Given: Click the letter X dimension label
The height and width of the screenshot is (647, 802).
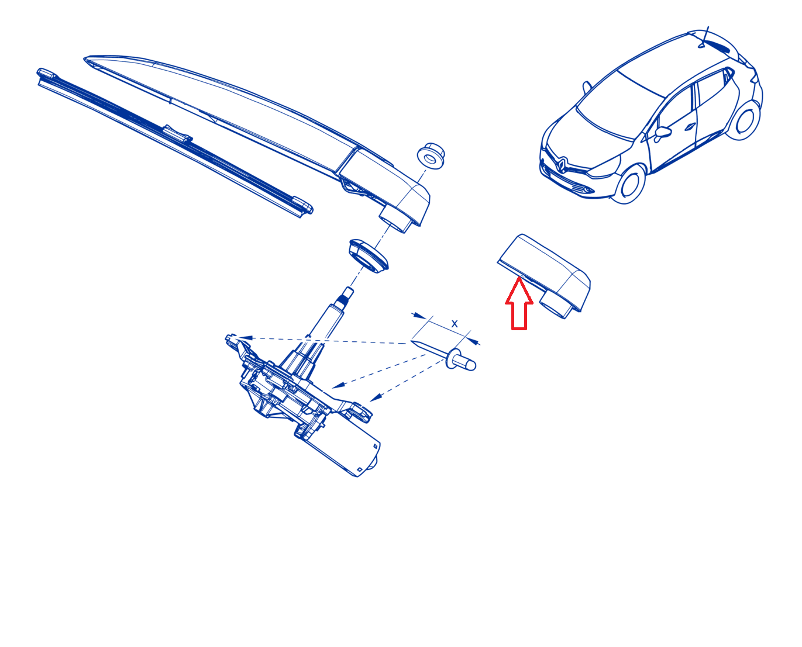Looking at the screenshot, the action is tap(455, 324).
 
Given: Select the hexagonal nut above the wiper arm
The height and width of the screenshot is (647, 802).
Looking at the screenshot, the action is tap(431, 155).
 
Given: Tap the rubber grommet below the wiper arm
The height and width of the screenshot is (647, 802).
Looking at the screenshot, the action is tap(369, 256).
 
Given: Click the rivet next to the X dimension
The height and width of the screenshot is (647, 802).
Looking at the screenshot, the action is tap(460, 359).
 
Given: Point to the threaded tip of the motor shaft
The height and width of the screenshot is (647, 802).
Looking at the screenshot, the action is tap(347, 294).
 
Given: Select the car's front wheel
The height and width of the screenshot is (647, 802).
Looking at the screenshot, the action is tap(629, 184).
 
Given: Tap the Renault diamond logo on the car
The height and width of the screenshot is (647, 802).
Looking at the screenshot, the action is tap(561, 165).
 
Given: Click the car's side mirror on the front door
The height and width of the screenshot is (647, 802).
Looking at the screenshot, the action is tap(662, 133).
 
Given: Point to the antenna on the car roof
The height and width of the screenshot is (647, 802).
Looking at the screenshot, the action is tap(704, 37).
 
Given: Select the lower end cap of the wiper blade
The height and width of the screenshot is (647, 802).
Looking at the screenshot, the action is tap(302, 206).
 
